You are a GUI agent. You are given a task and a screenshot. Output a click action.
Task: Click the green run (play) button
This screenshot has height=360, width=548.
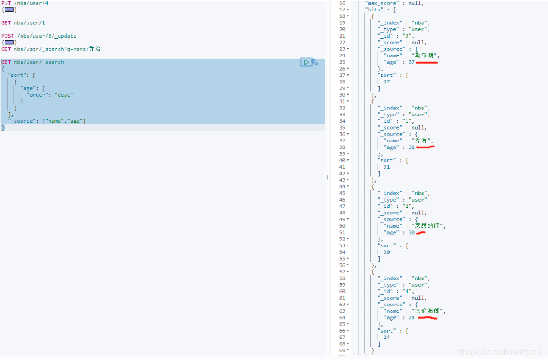pos(306,62)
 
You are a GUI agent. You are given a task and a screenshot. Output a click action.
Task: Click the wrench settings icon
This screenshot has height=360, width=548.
pos(315,62)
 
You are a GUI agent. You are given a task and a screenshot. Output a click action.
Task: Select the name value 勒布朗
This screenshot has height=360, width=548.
pos(425,55)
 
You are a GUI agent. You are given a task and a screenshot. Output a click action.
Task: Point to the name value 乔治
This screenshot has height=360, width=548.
pos(421,141)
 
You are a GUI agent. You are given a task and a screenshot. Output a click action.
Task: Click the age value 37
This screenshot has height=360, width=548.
pos(412,62)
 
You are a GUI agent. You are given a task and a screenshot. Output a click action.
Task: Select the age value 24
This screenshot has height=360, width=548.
pos(412,318)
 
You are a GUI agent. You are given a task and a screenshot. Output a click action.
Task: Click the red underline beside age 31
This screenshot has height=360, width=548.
pos(425,147)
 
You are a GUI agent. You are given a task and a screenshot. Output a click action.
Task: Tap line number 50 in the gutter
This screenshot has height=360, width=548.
pos(342,226)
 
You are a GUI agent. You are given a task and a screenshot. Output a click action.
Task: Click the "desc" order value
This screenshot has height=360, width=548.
pos(64,95)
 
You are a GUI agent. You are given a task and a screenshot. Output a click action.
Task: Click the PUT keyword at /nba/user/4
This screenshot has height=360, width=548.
pos(6,3)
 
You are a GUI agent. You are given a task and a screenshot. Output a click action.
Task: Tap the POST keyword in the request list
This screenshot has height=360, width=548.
pos(8,36)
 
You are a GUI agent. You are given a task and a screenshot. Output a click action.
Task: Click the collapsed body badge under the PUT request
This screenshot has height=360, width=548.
pos(10,10)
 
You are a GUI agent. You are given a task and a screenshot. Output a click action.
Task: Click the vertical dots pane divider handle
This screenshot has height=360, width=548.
pos(327,177)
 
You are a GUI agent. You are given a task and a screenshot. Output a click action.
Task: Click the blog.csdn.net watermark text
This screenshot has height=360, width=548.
pos(500,352)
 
